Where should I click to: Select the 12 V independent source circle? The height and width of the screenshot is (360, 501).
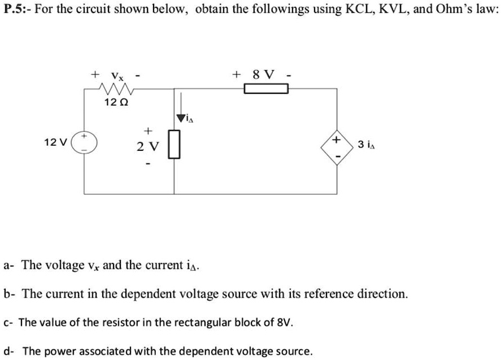pyautogui.click(x=86, y=142)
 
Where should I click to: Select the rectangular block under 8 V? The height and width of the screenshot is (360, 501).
pyautogui.click(x=265, y=89)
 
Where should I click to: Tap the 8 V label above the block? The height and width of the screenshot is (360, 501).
pyautogui.click(x=265, y=75)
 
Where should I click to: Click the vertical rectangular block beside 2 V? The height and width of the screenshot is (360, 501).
pyautogui.click(x=174, y=145)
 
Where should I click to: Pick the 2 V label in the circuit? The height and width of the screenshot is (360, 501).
pyautogui.click(x=148, y=146)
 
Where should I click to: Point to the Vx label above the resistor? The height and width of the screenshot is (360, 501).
pyautogui.click(x=117, y=75)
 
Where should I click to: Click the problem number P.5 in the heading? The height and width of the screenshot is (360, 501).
pyautogui.click(x=17, y=10)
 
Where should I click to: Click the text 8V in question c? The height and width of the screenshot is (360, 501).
pyautogui.click(x=284, y=323)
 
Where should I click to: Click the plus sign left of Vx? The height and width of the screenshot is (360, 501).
pyautogui.click(x=96, y=74)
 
